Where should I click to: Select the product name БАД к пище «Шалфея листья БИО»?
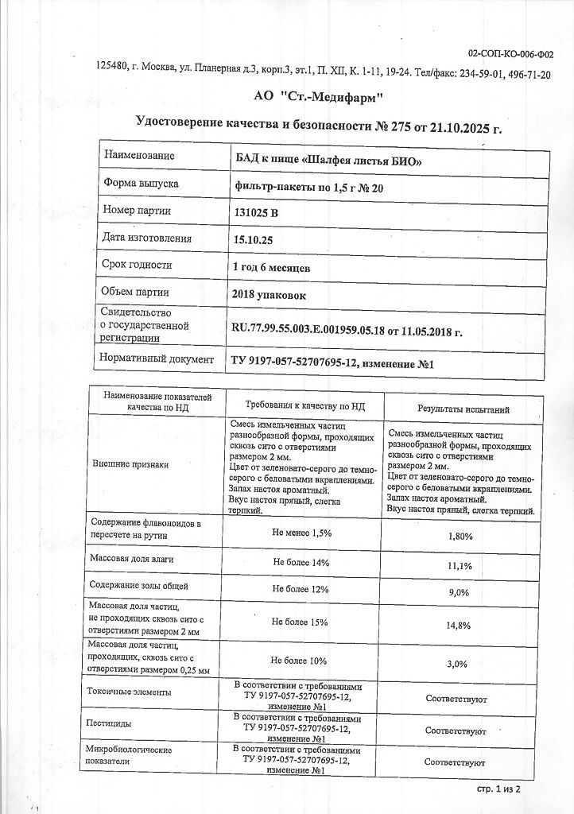(x=326, y=161)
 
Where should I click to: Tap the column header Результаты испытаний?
(x=463, y=409)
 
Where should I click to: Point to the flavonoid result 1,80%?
(x=461, y=537)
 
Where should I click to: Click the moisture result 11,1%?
(x=461, y=566)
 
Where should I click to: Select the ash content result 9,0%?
(x=460, y=593)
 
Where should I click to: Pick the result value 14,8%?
(x=460, y=626)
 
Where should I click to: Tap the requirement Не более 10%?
(x=299, y=661)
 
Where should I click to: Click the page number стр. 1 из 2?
(x=498, y=790)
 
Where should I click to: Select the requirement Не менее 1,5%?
(x=301, y=533)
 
